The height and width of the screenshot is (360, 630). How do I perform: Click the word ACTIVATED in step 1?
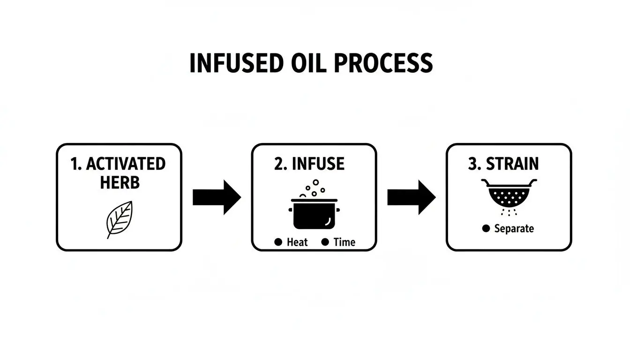click(x=126, y=164)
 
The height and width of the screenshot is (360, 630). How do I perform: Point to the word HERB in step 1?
click(x=120, y=182)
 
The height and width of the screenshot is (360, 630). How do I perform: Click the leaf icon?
click(x=119, y=219)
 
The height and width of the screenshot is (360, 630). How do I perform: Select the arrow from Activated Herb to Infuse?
click(x=217, y=197)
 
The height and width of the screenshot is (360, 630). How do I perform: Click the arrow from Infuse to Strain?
click(x=411, y=197)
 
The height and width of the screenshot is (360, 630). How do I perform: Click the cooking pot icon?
click(x=314, y=214)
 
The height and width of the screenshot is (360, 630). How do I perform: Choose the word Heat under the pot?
click(x=297, y=242)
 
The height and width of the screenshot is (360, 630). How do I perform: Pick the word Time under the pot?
click(x=344, y=242)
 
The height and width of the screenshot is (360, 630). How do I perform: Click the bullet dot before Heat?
click(x=278, y=242)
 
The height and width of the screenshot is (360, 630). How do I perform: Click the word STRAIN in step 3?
click(x=512, y=164)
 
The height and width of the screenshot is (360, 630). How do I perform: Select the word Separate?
click(x=514, y=229)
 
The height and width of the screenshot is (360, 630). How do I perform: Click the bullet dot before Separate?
click(x=486, y=229)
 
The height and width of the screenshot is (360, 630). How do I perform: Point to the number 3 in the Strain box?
click(x=472, y=164)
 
